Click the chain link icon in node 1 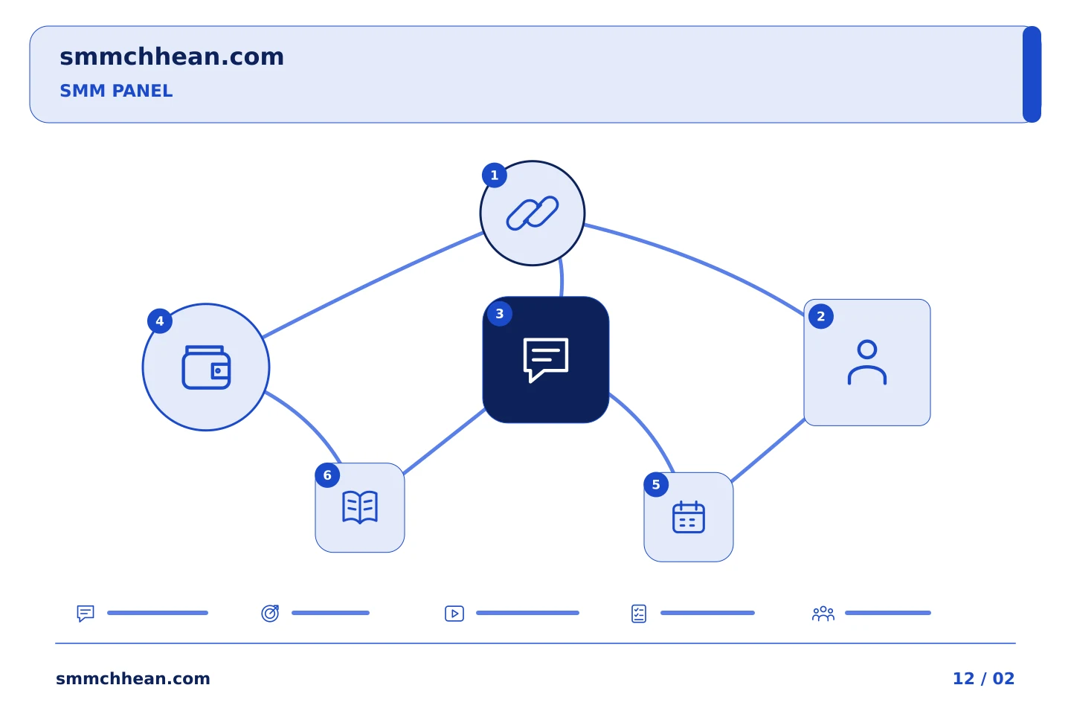[x=533, y=213]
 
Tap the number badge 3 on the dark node [x=500, y=314]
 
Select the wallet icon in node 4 [x=206, y=367]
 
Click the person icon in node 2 [x=867, y=362]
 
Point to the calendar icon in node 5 [x=689, y=517]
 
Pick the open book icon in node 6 [x=360, y=507]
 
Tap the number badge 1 [x=495, y=176]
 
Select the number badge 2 [x=821, y=316]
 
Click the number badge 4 [x=160, y=321]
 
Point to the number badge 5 [x=656, y=484]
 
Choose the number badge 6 [x=327, y=475]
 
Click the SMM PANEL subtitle [x=116, y=91]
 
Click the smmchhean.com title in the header [x=172, y=57]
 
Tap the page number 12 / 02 [x=983, y=678]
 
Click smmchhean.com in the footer [x=133, y=678]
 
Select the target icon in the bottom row [x=270, y=613]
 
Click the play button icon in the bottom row [x=454, y=613]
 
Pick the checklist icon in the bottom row [x=639, y=614]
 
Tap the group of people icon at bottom [x=823, y=614]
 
